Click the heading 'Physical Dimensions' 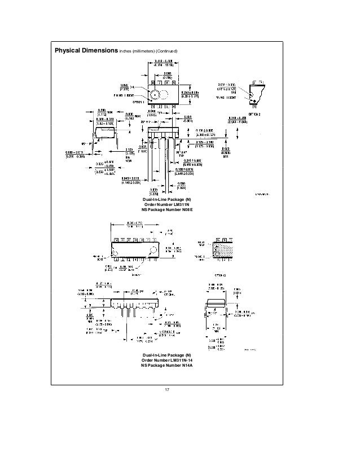(x=85, y=51)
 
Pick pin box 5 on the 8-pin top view (x=174, y=82)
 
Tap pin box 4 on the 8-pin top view (x=174, y=105)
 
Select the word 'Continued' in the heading (x=168, y=52)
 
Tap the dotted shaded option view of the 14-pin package (x=223, y=247)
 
